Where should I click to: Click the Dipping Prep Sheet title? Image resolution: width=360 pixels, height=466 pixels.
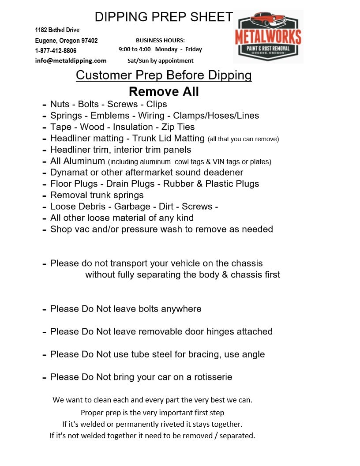pos(164,17)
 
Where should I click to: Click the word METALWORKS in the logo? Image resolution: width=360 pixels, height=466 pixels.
pos(268,37)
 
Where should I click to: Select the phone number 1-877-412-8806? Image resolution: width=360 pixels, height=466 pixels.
pos(56,51)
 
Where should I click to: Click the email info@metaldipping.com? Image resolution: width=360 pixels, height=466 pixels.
pos(71,60)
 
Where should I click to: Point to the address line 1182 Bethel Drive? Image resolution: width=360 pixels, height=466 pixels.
pos(57,30)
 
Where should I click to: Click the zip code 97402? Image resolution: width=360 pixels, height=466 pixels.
pos(90,41)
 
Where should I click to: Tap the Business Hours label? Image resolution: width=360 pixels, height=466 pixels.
pos(160,40)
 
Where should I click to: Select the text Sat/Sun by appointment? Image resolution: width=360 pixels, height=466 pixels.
pos(160,60)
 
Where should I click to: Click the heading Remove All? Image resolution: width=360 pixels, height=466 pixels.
pos(164,91)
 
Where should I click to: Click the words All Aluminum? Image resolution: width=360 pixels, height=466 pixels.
pos(78,161)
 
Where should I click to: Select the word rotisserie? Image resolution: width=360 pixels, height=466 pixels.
pos(210,377)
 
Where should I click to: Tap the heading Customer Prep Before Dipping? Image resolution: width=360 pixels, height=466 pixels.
pos(164,75)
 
